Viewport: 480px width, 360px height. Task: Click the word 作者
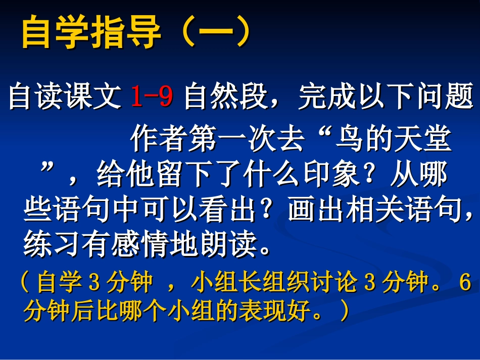point(159,140)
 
